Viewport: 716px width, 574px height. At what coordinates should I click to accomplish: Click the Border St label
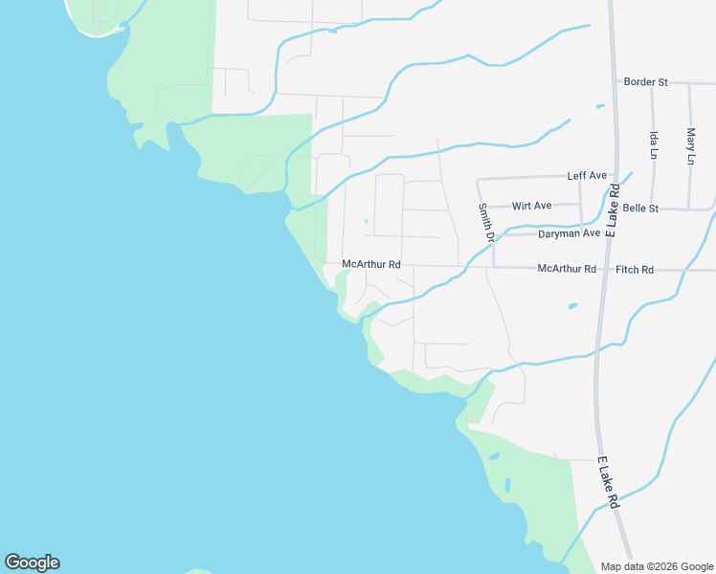(x=645, y=82)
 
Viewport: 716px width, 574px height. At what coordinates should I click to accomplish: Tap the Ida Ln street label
(x=654, y=145)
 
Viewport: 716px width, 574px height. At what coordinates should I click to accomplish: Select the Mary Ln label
(x=690, y=145)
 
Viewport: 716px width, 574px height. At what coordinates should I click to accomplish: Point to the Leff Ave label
(x=587, y=176)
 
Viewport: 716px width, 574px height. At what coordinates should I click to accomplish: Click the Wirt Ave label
(x=532, y=206)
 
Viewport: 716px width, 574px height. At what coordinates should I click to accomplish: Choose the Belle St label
(x=640, y=208)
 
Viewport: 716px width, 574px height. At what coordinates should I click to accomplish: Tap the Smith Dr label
(x=486, y=222)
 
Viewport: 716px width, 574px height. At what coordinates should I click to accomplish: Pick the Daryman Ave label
(x=569, y=233)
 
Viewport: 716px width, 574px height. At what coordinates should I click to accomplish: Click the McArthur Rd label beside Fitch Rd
(x=567, y=269)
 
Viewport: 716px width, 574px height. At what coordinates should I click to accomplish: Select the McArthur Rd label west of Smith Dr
(x=371, y=264)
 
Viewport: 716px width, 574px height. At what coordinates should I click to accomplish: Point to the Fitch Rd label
(x=635, y=270)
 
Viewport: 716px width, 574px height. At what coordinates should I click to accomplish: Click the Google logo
(x=32, y=563)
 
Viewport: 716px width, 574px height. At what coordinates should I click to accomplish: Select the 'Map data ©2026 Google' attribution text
(x=658, y=566)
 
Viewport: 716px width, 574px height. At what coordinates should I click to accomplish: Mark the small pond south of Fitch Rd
(x=572, y=306)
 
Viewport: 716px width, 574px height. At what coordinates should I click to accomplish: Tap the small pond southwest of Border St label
(x=600, y=106)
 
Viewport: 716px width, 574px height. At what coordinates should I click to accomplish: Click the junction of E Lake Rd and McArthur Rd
(x=603, y=269)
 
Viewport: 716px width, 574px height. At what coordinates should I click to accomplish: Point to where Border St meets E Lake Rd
(x=613, y=82)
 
